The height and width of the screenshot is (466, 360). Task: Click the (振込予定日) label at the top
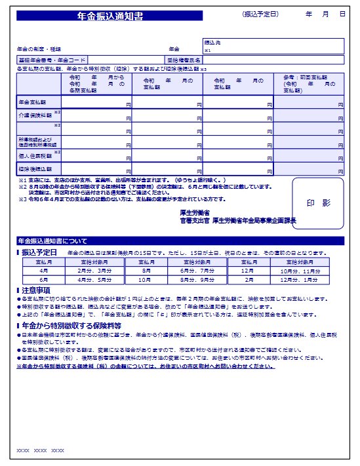click(x=260, y=14)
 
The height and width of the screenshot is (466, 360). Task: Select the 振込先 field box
click(x=273, y=46)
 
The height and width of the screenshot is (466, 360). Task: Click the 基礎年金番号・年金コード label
click(x=52, y=60)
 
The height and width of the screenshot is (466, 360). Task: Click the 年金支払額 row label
click(x=32, y=102)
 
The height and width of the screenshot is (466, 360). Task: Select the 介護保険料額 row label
click(x=33, y=115)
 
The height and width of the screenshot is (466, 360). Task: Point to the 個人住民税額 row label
click(x=33, y=156)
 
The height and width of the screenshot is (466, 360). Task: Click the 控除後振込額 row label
click(x=33, y=170)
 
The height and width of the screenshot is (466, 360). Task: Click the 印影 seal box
click(x=318, y=203)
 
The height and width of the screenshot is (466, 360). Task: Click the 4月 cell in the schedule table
click(x=44, y=269)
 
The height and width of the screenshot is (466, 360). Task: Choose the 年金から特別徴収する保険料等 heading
click(x=71, y=324)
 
